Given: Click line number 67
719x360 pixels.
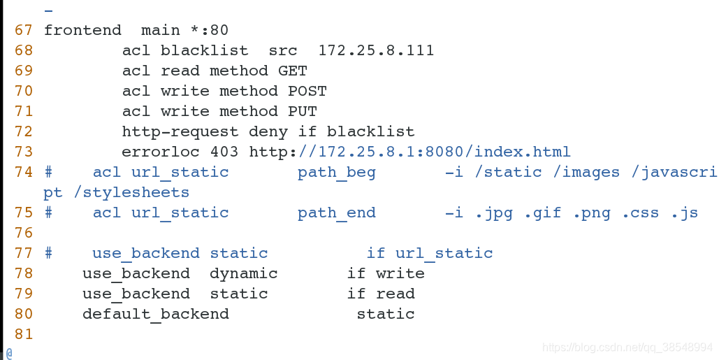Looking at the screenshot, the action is [x=23, y=31].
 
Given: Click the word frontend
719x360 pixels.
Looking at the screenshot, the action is [x=82, y=31].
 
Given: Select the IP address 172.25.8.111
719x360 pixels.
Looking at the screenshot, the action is [x=376, y=51].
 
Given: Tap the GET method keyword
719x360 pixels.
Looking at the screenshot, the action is [x=293, y=71].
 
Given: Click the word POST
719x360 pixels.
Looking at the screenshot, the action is [x=307, y=92].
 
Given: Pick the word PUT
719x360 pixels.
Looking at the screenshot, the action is [x=303, y=112].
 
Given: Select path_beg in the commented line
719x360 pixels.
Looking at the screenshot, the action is [x=337, y=173].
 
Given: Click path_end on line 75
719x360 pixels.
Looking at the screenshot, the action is [x=337, y=213].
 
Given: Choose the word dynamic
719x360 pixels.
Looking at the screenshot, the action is [x=244, y=274].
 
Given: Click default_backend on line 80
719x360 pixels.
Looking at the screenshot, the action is [x=156, y=315].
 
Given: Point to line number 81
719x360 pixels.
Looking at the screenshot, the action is [x=23, y=335].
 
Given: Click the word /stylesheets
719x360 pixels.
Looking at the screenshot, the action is [x=131, y=192].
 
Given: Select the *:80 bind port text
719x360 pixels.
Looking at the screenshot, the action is [x=210, y=31].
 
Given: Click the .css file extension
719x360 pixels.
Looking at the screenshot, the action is [x=640, y=213].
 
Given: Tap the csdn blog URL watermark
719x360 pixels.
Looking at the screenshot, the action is [x=627, y=347].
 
